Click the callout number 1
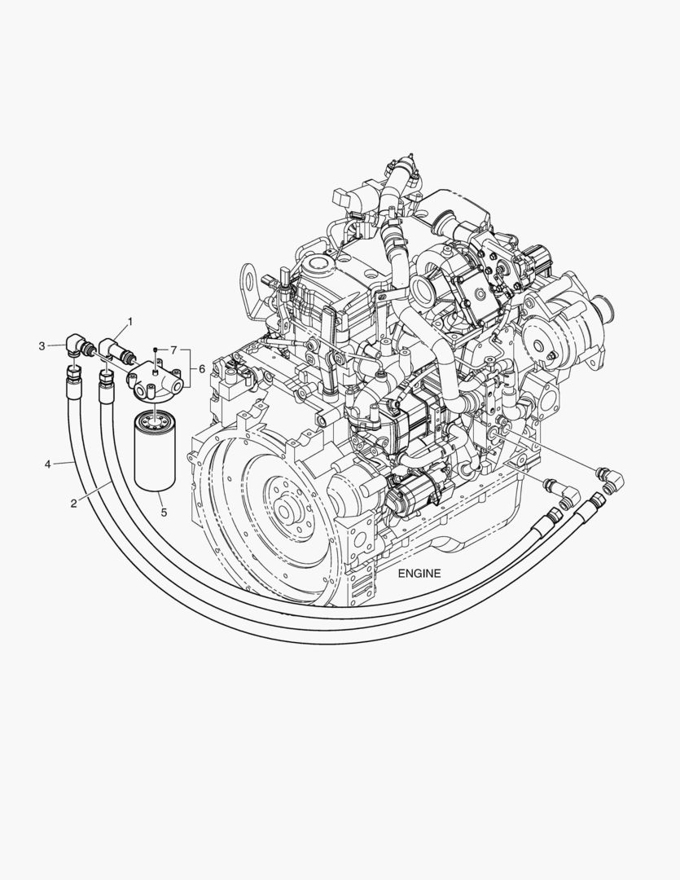click(x=130, y=322)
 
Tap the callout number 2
click(x=73, y=504)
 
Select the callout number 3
click(x=42, y=346)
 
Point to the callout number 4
click(x=48, y=464)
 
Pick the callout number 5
click(x=164, y=512)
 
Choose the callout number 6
click(x=202, y=369)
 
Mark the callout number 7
click(x=174, y=350)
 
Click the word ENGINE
click(x=419, y=573)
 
